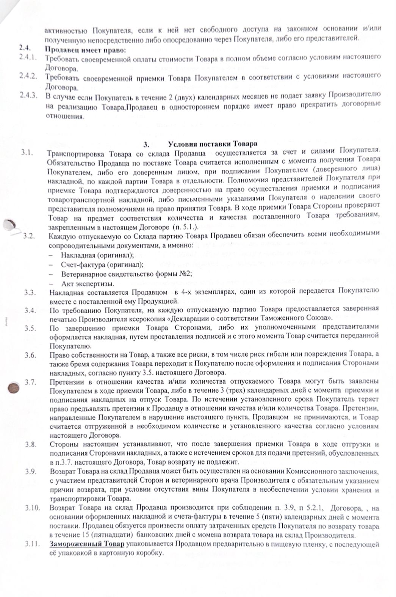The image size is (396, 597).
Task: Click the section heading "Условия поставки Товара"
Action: pyautogui.click(x=213, y=144)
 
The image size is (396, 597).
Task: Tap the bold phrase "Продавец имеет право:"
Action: pyautogui.click(x=85, y=50)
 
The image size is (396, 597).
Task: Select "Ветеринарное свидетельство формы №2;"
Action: pyautogui.click(x=126, y=274)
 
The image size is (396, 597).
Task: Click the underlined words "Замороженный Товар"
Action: pyautogui.click(x=87, y=545)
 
